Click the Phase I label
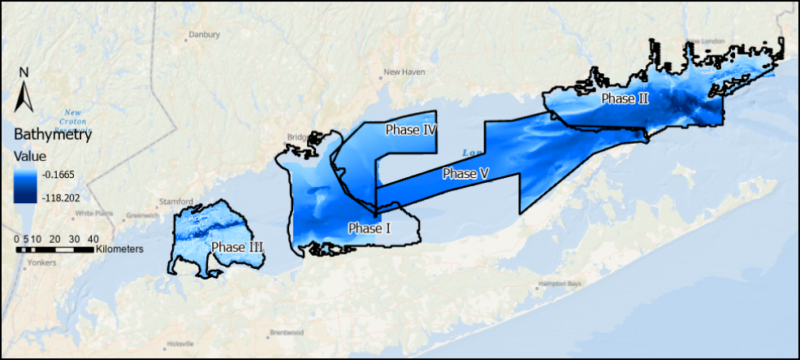tap(370, 228)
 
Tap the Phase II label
tap(625, 98)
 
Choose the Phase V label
tap(465, 173)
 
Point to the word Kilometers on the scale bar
tap(119, 249)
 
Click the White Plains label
tap(92, 214)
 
